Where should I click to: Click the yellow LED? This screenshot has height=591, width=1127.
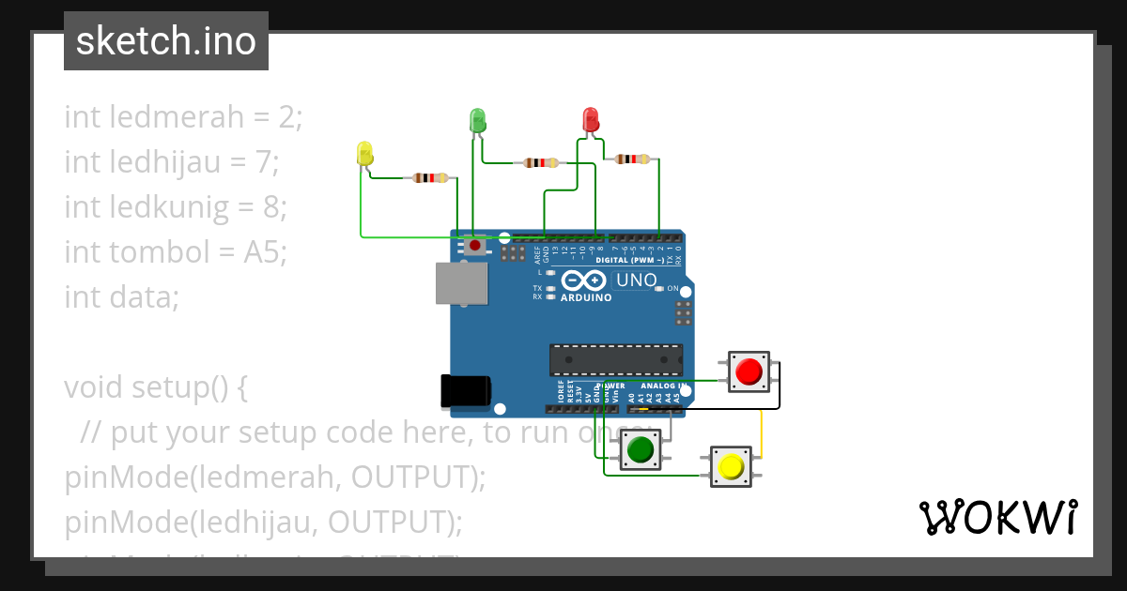click(x=364, y=154)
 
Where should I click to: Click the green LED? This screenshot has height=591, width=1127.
click(x=477, y=120)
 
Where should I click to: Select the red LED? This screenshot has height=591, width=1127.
click(x=591, y=120)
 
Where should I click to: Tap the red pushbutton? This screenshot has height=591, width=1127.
click(x=749, y=371)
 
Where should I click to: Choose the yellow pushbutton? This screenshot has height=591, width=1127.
click(x=731, y=466)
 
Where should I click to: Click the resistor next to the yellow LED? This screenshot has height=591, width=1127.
click(x=430, y=177)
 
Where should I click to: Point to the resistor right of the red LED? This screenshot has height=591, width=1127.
click(x=631, y=159)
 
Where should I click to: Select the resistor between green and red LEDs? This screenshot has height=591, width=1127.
click(x=540, y=162)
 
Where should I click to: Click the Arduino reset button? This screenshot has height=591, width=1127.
click(x=475, y=246)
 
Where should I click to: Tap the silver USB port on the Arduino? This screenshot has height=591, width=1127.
click(x=461, y=282)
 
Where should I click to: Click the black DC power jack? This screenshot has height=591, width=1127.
click(x=465, y=391)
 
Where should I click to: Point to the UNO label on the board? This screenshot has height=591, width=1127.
click(x=636, y=280)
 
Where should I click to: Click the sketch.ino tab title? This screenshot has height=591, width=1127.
click(x=166, y=41)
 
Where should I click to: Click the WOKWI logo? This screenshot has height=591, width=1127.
click(x=997, y=518)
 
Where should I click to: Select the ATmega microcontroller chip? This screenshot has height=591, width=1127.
click(x=616, y=360)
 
